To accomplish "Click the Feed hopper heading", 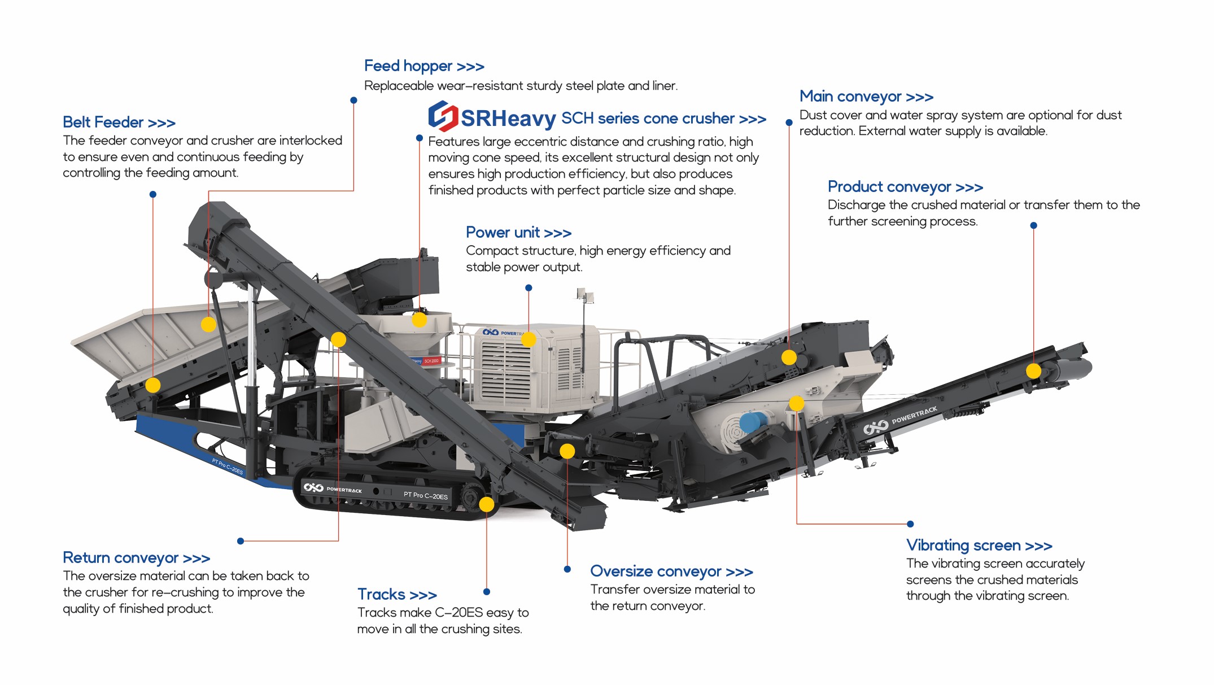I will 424,66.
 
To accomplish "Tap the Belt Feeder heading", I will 119,122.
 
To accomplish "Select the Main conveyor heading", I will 866,97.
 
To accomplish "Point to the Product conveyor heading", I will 905,186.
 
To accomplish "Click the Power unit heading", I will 518,232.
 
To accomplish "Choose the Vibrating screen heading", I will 979,546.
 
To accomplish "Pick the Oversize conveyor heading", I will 671,571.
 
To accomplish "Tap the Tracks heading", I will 397,595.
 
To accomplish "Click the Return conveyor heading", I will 136,558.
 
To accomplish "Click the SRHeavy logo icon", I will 443,116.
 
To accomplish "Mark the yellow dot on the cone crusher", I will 419,320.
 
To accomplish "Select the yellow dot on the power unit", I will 529,339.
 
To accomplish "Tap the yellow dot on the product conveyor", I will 1033,371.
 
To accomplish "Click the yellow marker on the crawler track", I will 486,504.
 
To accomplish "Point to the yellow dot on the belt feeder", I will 153,385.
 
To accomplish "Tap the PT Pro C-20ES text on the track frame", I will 425,495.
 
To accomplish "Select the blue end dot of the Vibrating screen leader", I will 910,524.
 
